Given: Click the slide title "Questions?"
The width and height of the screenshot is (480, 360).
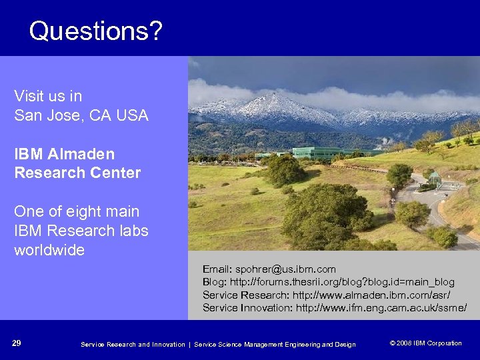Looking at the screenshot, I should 95,31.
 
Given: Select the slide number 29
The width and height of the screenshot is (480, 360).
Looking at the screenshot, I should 17,343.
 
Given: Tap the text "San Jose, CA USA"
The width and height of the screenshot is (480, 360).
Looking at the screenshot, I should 81,115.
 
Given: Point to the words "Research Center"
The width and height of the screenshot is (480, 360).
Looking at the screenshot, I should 77,173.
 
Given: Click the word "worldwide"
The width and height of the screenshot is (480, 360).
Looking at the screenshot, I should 49,251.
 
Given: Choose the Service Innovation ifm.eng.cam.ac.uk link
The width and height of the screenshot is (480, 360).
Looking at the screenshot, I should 381,307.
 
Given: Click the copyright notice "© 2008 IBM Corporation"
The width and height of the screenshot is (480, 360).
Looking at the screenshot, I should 425,343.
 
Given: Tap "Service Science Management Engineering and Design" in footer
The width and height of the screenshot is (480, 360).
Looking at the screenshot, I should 275,344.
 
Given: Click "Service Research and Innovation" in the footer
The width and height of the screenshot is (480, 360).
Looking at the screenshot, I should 133,344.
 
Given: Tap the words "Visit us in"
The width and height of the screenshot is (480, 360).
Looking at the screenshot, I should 48,96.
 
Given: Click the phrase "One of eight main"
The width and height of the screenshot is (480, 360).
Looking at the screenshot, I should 77,212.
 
